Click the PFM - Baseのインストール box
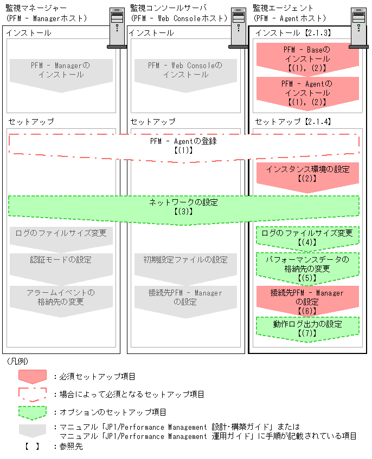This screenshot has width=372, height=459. click(307, 58)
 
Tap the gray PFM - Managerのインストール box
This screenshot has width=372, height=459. click(61, 70)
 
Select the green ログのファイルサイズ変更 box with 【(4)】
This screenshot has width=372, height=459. click(307, 237)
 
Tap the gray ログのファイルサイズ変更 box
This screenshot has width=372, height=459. click(61, 234)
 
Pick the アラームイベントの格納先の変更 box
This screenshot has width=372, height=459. click(61, 297)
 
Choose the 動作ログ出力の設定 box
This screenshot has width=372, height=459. click(307, 328)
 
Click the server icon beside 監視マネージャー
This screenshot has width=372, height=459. click(117, 27)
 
